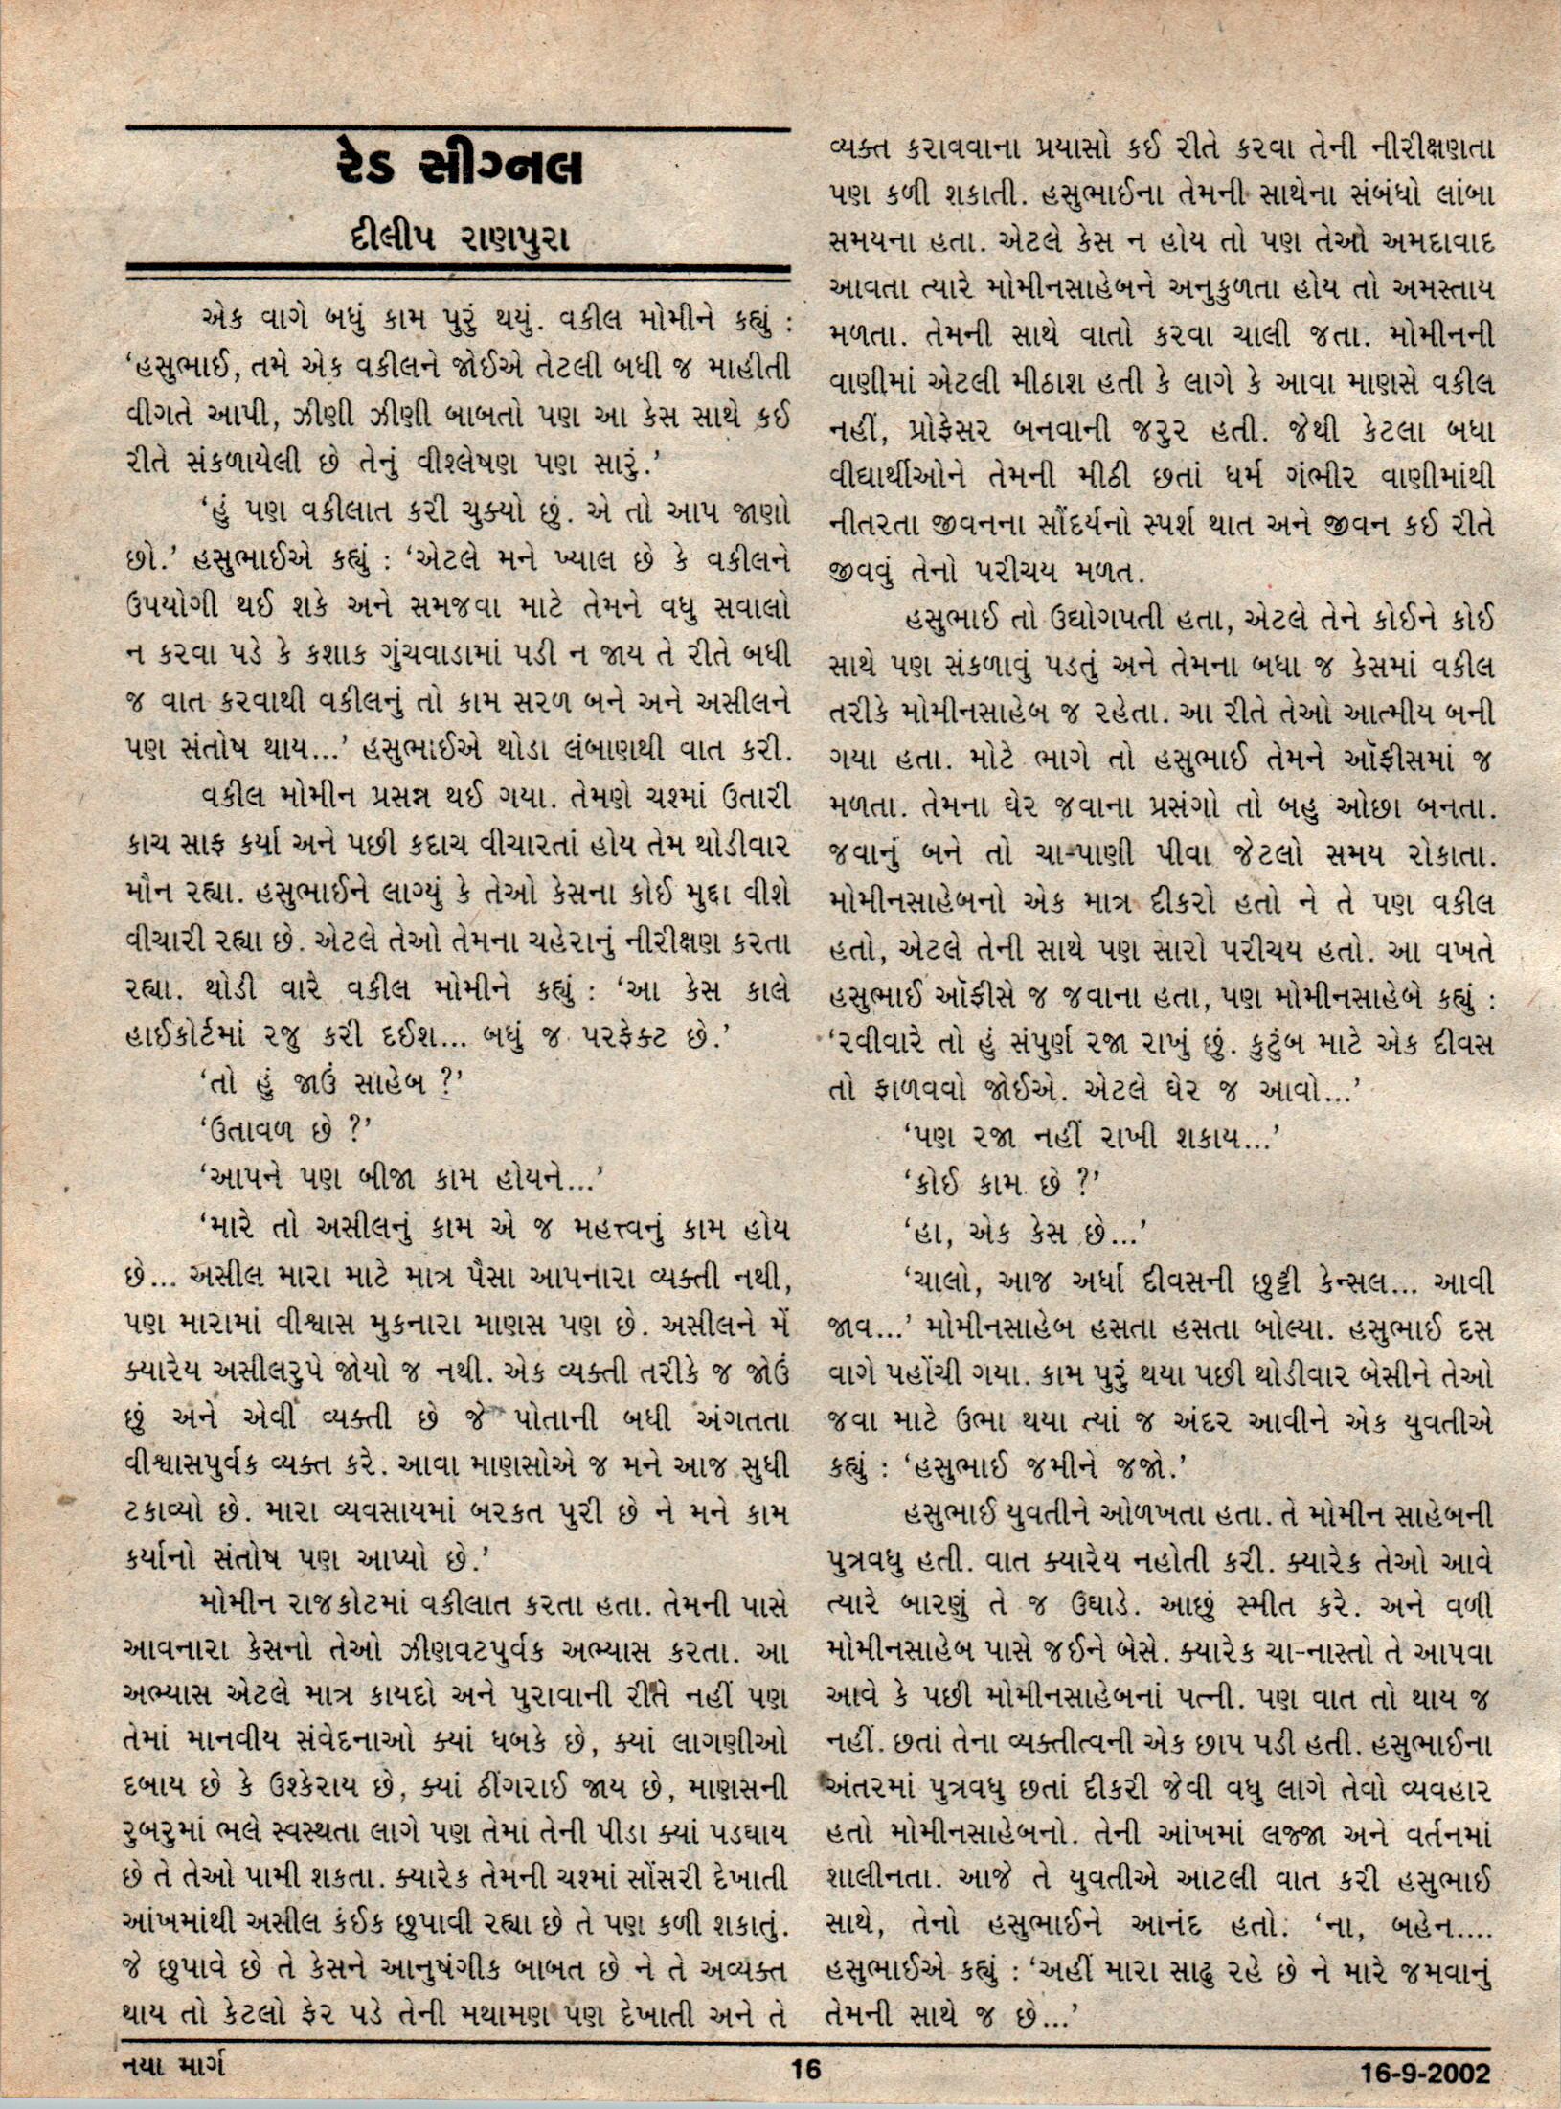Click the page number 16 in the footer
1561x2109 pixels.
806,2069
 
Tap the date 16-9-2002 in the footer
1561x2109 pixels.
1426,2071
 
